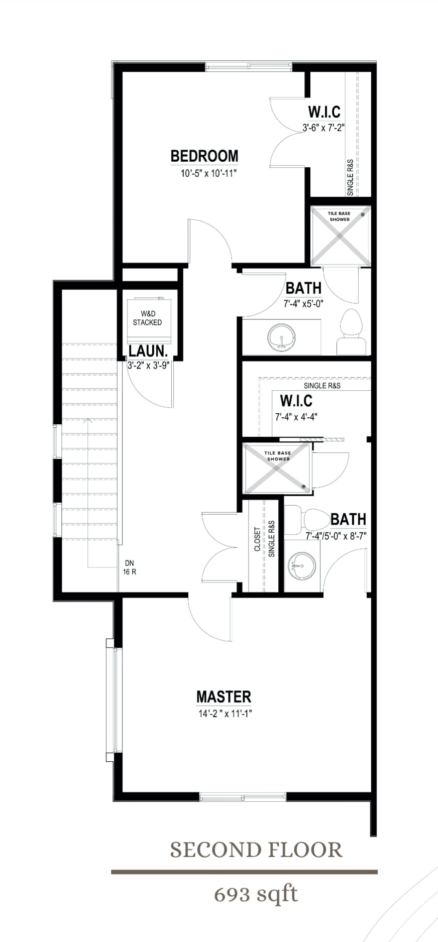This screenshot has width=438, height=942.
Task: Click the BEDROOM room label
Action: pyautogui.click(x=204, y=156)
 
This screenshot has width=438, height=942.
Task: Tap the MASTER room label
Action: pyautogui.click(x=224, y=696)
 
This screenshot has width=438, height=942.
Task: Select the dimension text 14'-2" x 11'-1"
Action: pyautogui.click(x=225, y=714)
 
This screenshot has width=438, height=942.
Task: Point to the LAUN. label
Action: pyautogui.click(x=148, y=351)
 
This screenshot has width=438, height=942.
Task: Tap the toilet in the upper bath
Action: pyautogui.click(x=351, y=332)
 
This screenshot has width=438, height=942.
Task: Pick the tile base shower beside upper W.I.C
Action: pyautogui.click(x=341, y=236)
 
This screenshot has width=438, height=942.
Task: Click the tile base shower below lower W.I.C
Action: pyautogui.click(x=277, y=468)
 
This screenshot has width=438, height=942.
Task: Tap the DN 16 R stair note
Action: pyautogui.click(x=130, y=567)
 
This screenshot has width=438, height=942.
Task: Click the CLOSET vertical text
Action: pyautogui.click(x=257, y=539)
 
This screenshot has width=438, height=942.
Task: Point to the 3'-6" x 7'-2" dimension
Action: pyautogui.click(x=323, y=128)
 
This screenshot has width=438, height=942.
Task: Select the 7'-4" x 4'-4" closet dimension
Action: pyautogui.click(x=296, y=417)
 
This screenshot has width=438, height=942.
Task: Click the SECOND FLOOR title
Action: pyautogui.click(x=256, y=850)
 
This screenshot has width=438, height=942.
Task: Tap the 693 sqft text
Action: pyautogui.click(x=256, y=894)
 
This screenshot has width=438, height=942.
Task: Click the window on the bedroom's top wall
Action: pyautogui.click(x=249, y=67)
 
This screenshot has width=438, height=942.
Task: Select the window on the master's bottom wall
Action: pyautogui.click(x=243, y=796)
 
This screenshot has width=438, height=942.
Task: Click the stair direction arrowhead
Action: pyautogui.click(x=89, y=420)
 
